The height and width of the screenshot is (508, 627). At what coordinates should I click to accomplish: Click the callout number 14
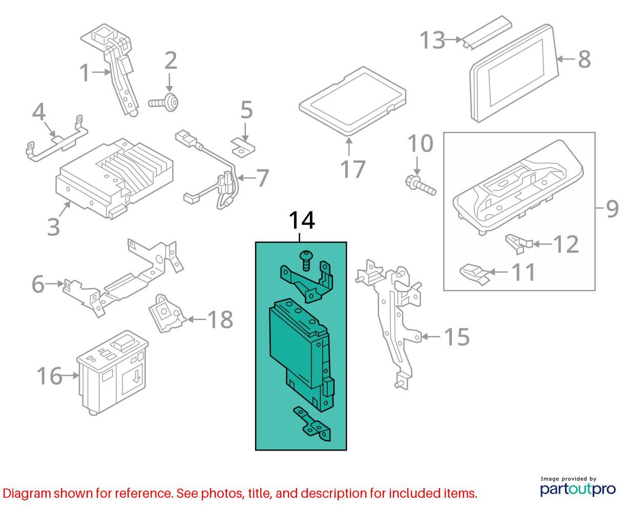point(302,220)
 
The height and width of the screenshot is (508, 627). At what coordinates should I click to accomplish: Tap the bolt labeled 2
point(164,103)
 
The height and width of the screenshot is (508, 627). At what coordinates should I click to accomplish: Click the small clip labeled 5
point(243,148)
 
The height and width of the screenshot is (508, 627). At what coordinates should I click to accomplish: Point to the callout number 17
point(352,169)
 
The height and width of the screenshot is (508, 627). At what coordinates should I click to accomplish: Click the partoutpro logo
point(578,488)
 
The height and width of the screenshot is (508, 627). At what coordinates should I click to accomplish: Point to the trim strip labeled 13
point(486,32)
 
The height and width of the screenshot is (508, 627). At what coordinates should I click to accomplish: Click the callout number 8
point(584,59)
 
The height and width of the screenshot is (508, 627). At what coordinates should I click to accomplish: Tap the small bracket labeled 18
point(167,314)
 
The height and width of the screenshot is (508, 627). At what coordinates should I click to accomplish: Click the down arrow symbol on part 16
point(136,377)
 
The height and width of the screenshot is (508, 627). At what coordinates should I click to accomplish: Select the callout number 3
point(53,227)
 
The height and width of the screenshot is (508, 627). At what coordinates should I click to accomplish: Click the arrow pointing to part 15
point(431,336)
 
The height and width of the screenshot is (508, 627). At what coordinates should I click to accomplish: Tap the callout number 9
point(612,208)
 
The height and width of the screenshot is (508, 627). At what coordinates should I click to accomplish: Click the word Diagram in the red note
point(27,493)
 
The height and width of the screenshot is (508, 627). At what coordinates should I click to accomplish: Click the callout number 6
point(38,284)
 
